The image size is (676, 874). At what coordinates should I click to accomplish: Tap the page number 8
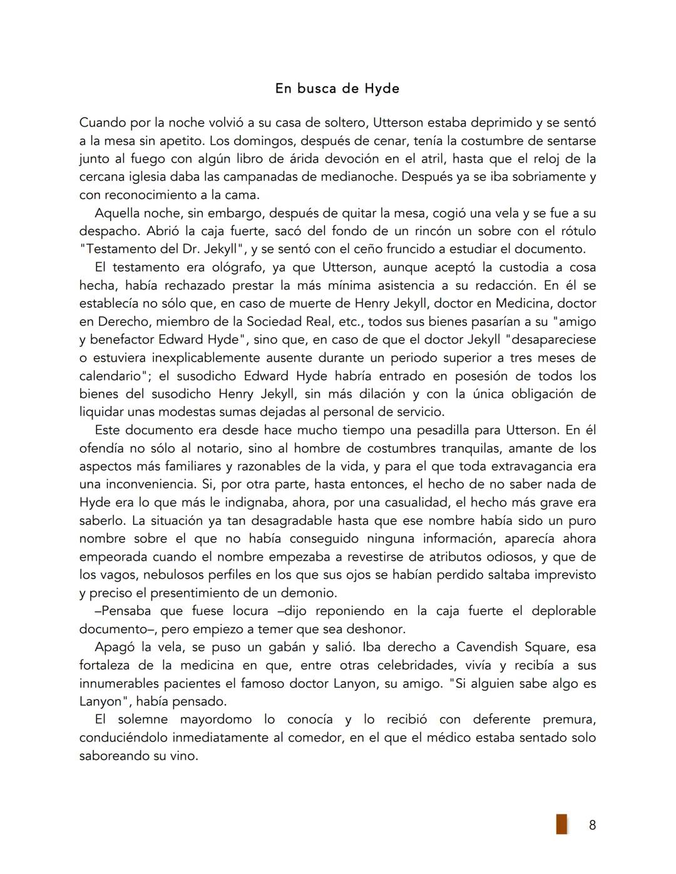[592, 825]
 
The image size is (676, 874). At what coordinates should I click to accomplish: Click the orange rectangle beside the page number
[561, 824]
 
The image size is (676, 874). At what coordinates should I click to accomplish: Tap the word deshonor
[376, 629]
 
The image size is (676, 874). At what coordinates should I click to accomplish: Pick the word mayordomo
[216, 719]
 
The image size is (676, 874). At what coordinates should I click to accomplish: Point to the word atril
[427, 159]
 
